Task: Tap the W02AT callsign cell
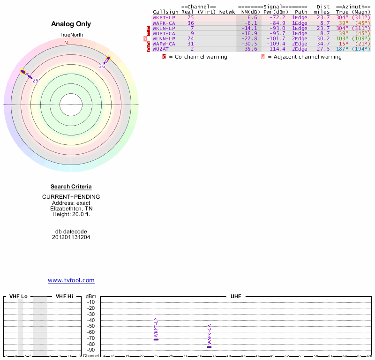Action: pyautogui.click(x=160, y=49)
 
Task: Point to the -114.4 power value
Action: pyautogui.click(x=275, y=49)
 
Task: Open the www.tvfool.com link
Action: pyautogui.click(x=71, y=280)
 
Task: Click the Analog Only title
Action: pyautogui.click(x=71, y=24)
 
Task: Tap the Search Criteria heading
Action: pyautogui.click(x=71, y=187)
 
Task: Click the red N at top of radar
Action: pyautogui.click(x=66, y=43)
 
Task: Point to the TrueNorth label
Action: pyautogui.click(x=71, y=35)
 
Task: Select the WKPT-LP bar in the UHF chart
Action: pyautogui.click(x=156, y=339)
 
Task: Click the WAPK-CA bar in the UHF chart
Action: pyautogui.click(x=210, y=347)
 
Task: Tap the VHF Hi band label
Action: pyautogui.click(x=64, y=297)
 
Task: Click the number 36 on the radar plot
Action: pyautogui.click(x=102, y=67)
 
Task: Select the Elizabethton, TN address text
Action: pyautogui.click(x=71, y=209)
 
